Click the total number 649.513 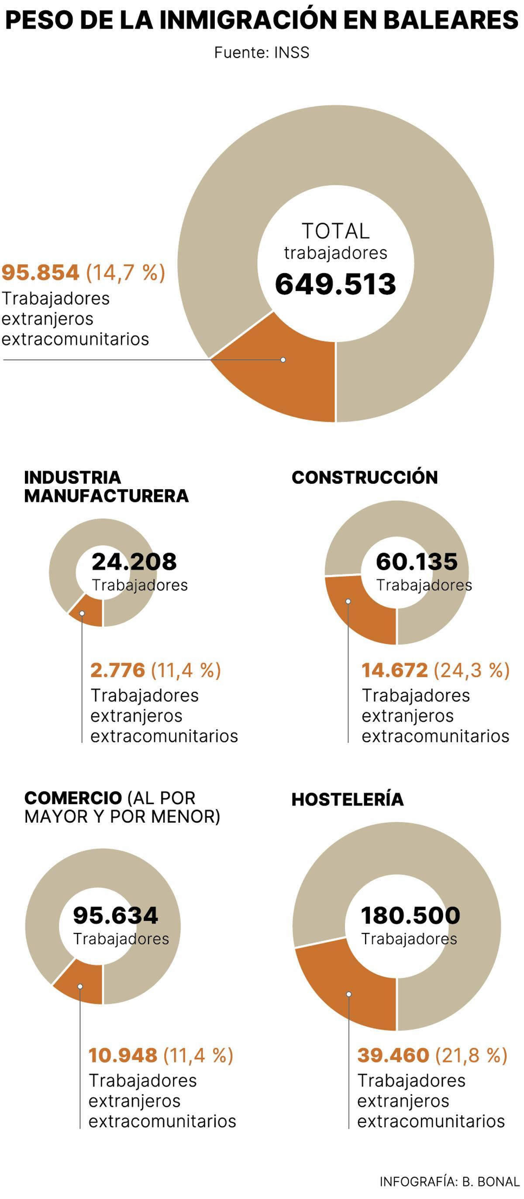335,284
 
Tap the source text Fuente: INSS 261,52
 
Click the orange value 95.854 41,273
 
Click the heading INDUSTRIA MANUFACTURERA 106,487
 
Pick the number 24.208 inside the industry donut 134,561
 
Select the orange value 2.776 117,670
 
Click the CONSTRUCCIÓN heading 365,478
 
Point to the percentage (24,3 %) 472,670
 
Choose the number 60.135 417,561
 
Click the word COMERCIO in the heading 73,798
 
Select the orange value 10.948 123,1055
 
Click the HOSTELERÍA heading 347,799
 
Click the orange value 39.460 393,1055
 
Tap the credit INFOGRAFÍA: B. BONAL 449,1182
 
